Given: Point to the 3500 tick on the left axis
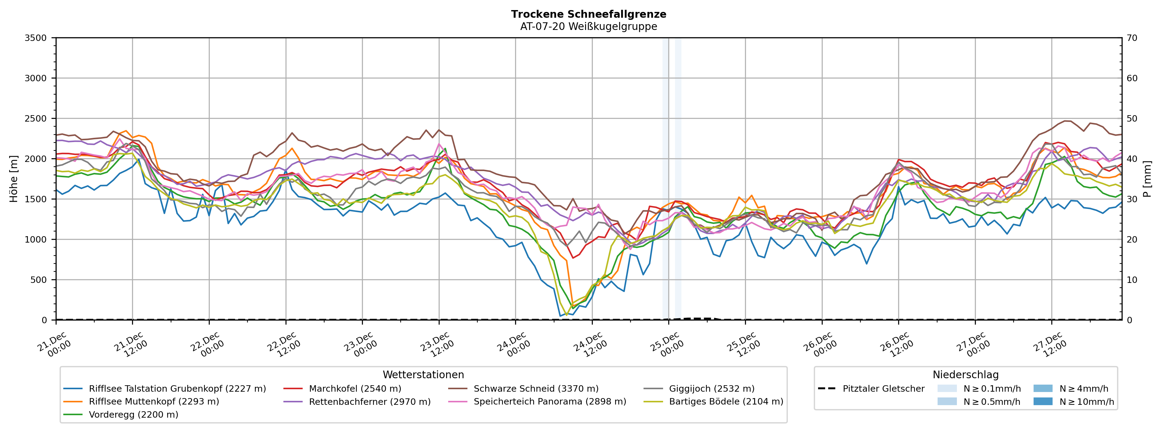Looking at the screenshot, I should tap(36, 38).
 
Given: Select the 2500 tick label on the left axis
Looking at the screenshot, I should tap(36, 119).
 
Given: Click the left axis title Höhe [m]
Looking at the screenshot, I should tap(13, 179).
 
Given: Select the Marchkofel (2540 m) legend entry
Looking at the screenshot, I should tap(355, 389).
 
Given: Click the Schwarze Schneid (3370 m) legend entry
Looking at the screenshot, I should tap(536, 389).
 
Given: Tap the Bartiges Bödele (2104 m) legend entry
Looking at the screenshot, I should tap(726, 402).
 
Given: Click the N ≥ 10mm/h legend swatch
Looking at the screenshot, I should tap(1043, 402).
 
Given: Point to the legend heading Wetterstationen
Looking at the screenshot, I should tap(423, 375).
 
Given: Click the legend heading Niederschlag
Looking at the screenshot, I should tap(965, 375).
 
